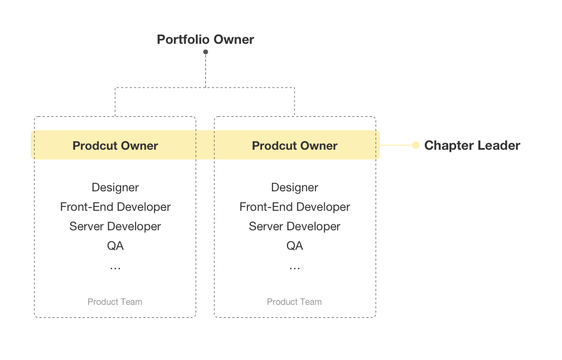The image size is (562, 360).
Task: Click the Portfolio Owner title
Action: click(205, 39)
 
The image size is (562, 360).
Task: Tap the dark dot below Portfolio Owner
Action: click(205, 52)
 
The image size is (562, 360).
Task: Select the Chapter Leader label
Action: click(472, 145)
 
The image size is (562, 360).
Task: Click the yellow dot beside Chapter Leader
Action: click(416, 145)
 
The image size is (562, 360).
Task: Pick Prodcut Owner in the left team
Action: click(115, 145)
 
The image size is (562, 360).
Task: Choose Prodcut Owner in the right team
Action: click(295, 145)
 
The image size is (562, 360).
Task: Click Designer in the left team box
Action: click(115, 188)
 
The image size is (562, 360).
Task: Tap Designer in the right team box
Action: click(295, 188)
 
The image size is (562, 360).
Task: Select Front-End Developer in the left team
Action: click(115, 207)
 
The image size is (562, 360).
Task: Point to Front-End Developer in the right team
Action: click(295, 207)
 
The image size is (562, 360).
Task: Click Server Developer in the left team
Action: click(115, 226)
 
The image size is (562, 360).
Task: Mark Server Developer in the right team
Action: click(295, 226)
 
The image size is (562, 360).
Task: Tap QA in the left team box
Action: click(115, 246)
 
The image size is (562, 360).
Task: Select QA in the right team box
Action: click(295, 246)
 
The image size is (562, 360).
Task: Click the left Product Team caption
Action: click(115, 302)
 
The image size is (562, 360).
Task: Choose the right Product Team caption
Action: click(295, 302)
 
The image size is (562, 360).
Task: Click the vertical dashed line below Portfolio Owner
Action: click(205, 70)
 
